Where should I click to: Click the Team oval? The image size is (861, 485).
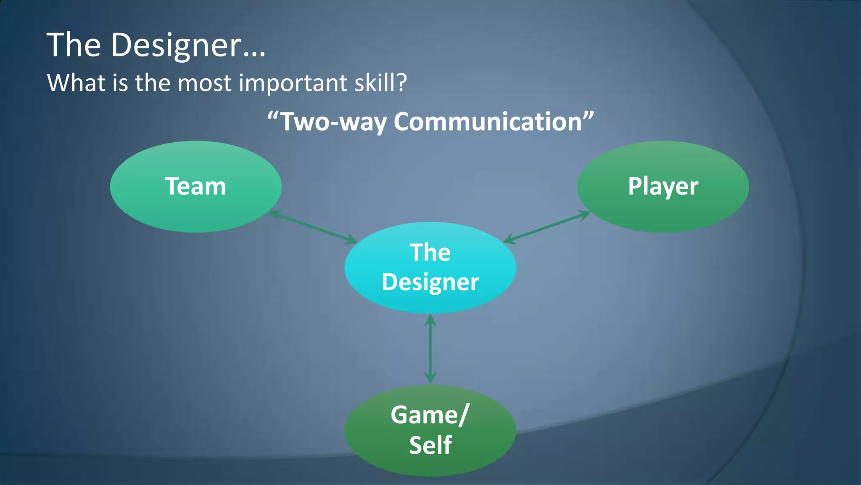[x=195, y=187]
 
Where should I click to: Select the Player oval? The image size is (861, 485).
[x=663, y=187]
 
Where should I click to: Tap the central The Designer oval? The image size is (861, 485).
[x=430, y=267]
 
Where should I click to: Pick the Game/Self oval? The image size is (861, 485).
[x=430, y=430]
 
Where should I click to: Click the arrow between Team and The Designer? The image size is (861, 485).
[x=313, y=228]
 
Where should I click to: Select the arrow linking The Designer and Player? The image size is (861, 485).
[x=547, y=227]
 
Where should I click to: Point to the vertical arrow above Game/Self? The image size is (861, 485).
[x=430, y=349]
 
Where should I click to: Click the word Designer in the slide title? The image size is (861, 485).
[x=177, y=45]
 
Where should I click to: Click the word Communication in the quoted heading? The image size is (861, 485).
[x=488, y=122]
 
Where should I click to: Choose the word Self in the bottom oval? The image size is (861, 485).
[x=430, y=445]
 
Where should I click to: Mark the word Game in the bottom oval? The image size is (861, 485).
[x=424, y=415]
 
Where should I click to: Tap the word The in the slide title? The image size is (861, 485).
[x=74, y=45]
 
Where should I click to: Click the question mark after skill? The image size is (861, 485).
[x=401, y=83]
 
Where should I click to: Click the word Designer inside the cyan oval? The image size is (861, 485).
[x=430, y=282]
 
